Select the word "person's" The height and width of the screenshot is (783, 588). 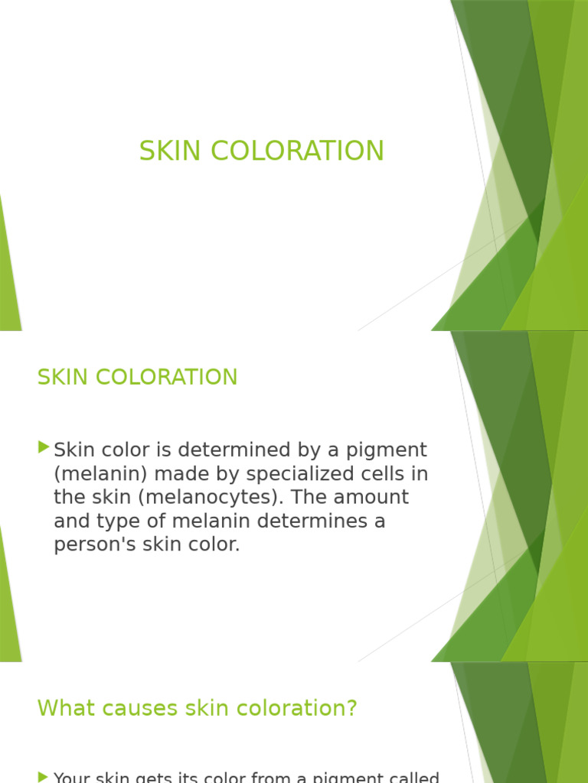pos(93,545)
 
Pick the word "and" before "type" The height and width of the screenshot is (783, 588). pos(70,521)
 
